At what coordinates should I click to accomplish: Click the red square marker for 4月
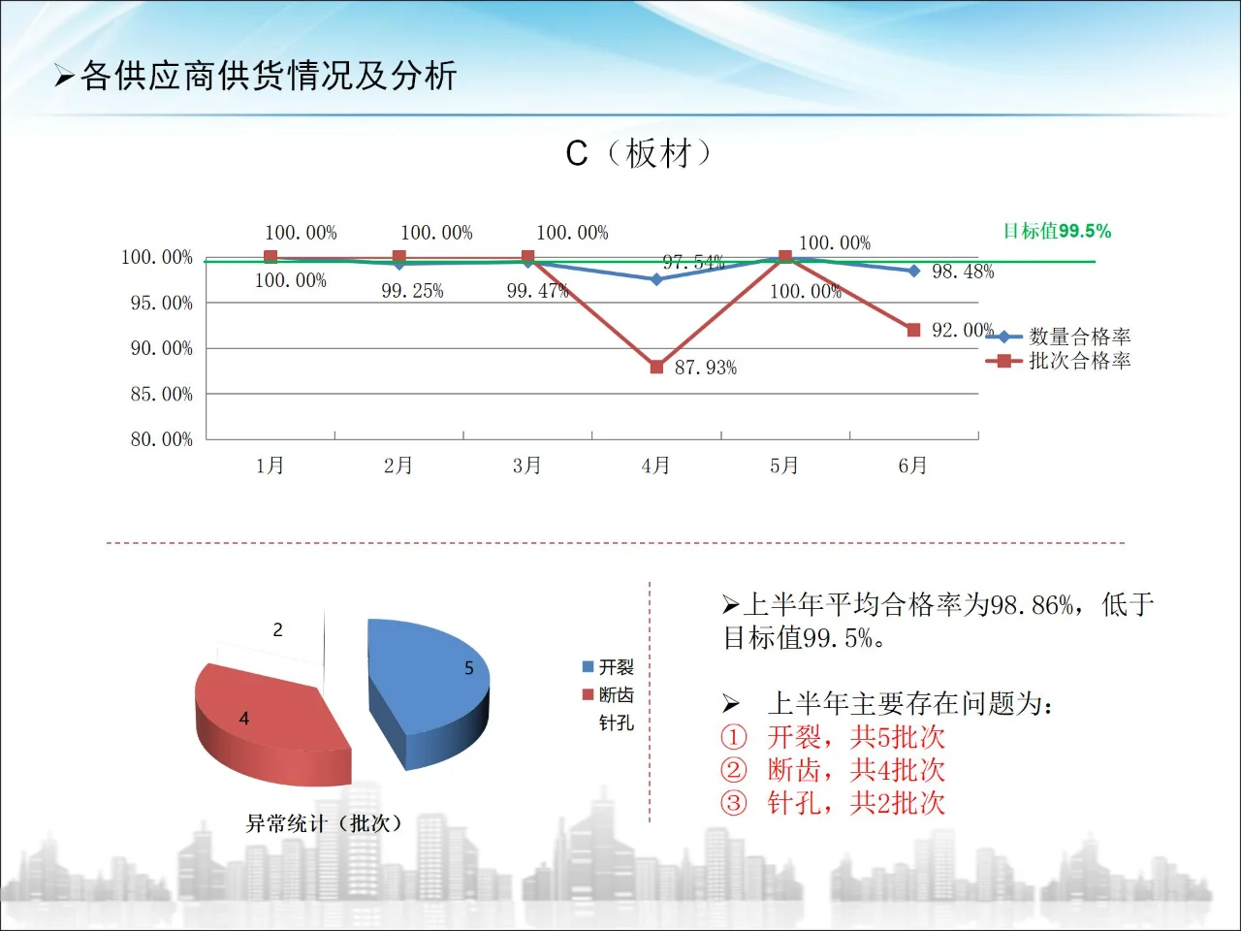point(656,367)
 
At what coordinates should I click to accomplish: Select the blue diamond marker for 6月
point(913,271)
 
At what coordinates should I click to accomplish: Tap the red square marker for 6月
point(913,330)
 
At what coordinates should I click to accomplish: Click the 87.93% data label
point(706,368)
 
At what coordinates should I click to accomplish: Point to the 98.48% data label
point(963,272)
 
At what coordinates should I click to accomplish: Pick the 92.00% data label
point(963,330)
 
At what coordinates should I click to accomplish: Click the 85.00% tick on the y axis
point(162,394)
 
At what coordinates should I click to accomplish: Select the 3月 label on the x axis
point(526,465)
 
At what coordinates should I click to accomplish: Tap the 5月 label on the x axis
point(784,465)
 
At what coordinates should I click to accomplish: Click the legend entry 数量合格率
point(1079,337)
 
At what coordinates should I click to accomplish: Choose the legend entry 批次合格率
point(1079,361)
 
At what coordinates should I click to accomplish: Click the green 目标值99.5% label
point(1057,231)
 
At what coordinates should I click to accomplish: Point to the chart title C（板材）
point(639,153)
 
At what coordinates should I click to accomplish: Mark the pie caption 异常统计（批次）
point(324,823)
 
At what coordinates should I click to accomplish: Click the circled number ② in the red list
point(734,770)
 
